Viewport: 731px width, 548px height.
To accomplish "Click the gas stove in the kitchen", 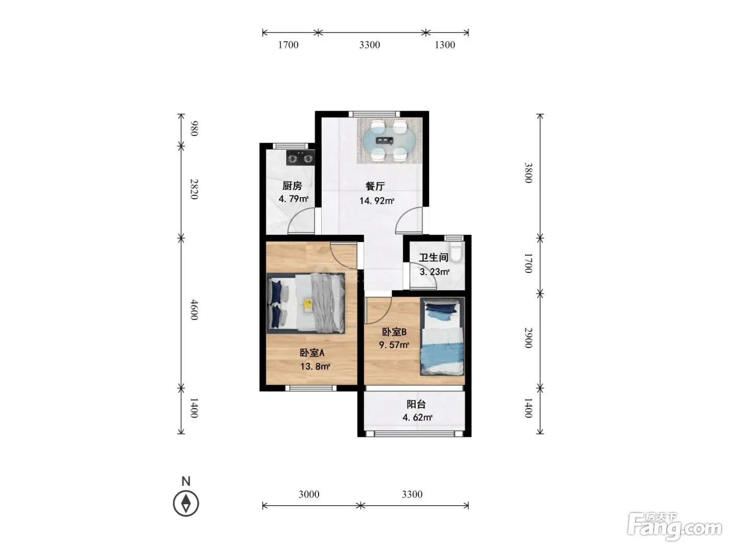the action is click(x=300, y=158).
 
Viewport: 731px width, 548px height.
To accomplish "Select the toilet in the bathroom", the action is click(x=455, y=252).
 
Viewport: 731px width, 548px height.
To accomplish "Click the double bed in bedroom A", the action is click(x=306, y=303).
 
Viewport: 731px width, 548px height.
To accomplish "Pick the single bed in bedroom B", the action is click(x=442, y=337).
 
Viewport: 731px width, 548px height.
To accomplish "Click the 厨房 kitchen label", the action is click(x=292, y=186).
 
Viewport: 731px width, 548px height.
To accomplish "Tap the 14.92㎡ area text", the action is click(x=376, y=200).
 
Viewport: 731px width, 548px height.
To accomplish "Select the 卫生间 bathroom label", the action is click(x=433, y=257).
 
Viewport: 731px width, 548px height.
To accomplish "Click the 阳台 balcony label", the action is click(x=416, y=404).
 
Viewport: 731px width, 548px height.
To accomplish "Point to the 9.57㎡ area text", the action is click(x=394, y=344).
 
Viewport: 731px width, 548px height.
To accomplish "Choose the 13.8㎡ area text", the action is click(x=315, y=367).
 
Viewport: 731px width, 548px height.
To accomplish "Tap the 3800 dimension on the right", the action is click(x=528, y=173).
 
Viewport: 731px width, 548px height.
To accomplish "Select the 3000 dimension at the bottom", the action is click(x=309, y=494).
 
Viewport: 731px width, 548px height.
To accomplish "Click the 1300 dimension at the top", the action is click(x=445, y=45).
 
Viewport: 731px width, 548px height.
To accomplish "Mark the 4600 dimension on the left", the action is click(x=194, y=310).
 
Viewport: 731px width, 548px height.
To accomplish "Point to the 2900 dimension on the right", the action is click(x=528, y=338).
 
